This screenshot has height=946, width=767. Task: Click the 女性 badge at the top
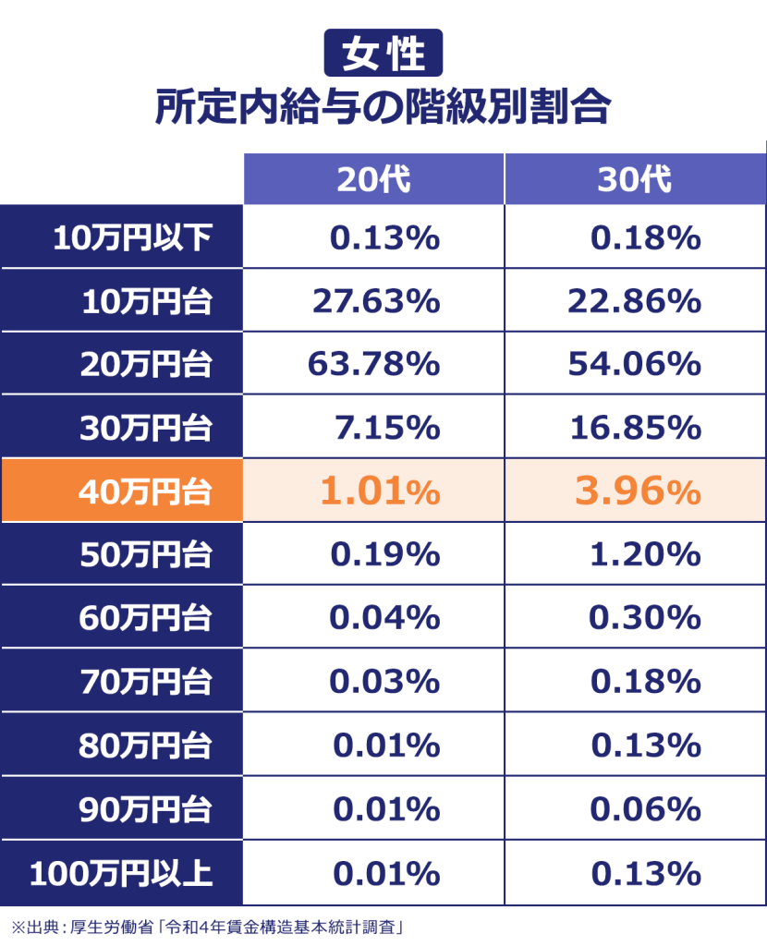point(383,53)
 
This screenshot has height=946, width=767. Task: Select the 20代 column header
point(373,179)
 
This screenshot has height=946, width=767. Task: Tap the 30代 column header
point(634,179)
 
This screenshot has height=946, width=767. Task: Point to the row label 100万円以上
point(121,872)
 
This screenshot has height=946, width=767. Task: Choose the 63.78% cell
point(373,364)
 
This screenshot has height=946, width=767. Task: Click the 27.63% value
point(373,301)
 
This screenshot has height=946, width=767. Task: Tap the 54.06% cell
point(634,364)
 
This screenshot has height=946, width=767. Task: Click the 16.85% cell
point(634,428)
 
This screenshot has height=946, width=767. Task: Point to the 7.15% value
point(384,428)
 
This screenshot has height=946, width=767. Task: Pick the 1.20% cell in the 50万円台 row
point(645,554)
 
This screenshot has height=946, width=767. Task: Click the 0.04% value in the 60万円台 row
point(384,617)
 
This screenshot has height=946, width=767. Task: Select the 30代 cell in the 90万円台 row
point(645,809)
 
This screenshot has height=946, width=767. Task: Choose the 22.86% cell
point(634,301)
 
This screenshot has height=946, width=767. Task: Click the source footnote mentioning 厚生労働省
point(209,925)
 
